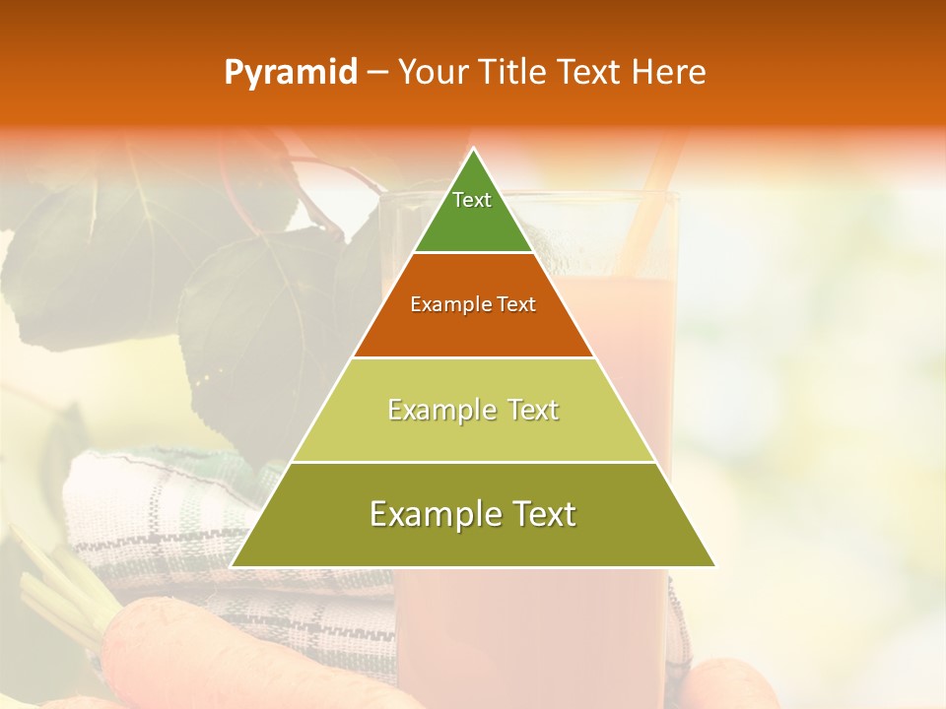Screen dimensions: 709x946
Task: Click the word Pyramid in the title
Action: pyautogui.click(x=290, y=73)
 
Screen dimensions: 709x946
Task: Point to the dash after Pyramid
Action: pyautogui.click(x=376, y=74)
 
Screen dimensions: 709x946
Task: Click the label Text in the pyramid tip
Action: pyautogui.click(x=472, y=200)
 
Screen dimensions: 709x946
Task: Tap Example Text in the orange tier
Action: pyautogui.click(x=473, y=304)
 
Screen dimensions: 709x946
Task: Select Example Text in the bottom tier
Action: pyautogui.click(x=473, y=514)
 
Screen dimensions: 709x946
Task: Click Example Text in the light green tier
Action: pyautogui.click(x=473, y=410)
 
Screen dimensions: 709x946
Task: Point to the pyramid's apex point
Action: pyautogui.click(x=474, y=149)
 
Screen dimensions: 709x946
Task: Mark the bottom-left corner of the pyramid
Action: pyautogui.click(x=232, y=566)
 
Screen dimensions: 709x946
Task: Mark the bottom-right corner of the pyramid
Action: pyautogui.click(x=715, y=566)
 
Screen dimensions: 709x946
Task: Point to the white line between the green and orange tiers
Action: pyautogui.click(x=473, y=253)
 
